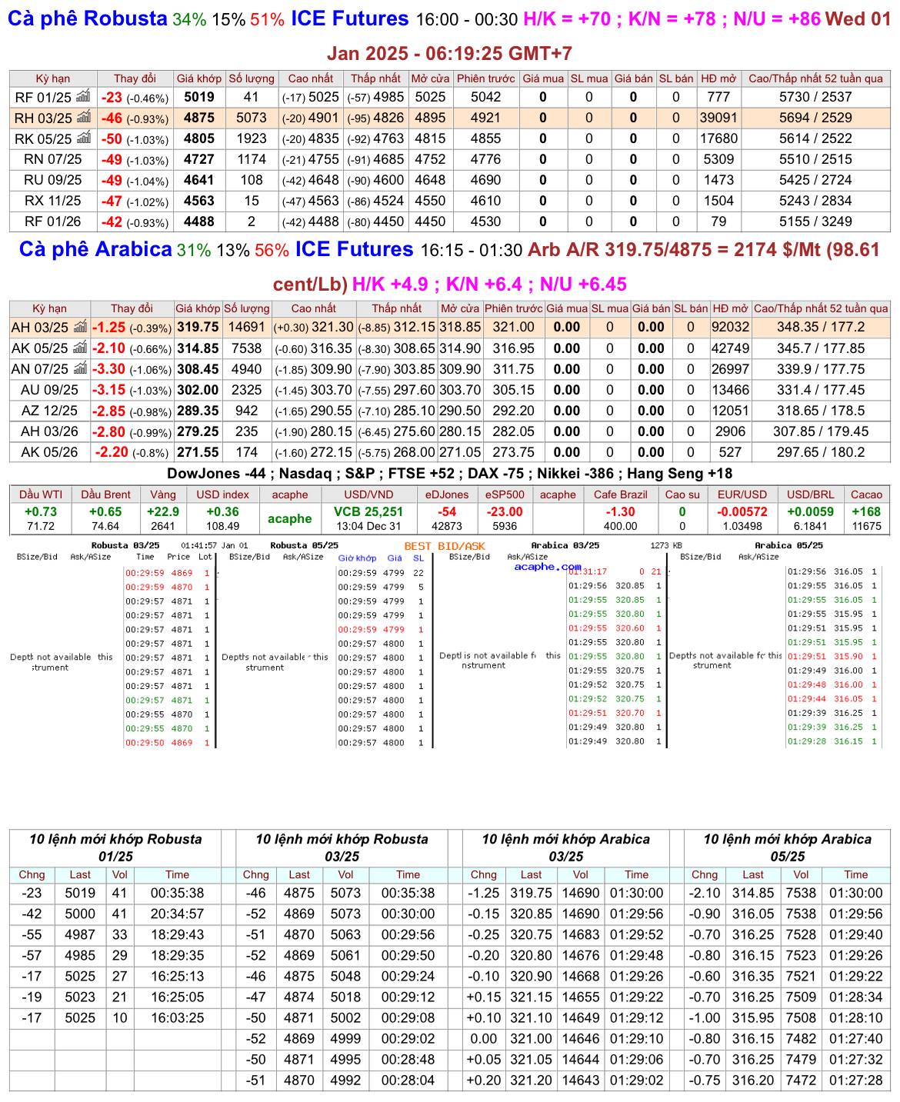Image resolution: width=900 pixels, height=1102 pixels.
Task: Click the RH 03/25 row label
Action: [43, 118]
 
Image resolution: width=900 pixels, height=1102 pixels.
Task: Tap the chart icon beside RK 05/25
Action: [84, 138]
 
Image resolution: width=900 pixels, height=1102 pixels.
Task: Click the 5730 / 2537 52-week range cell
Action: [815, 97]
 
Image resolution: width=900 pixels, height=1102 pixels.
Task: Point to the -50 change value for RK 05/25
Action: [112, 139]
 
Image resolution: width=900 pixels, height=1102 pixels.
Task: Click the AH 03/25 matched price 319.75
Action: [198, 327]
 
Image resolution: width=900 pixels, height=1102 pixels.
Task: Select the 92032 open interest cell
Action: [730, 327]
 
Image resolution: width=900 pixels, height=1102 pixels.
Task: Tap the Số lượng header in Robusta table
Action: [252, 78]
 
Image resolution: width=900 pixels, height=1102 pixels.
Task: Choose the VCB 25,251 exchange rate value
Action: [368, 512]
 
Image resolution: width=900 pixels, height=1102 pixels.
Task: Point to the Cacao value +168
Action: [866, 512]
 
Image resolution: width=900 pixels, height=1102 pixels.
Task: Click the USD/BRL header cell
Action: [810, 494]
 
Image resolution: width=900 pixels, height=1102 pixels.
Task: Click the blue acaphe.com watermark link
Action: [548, 567]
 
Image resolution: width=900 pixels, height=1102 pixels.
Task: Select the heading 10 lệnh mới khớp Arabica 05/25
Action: [787, 847]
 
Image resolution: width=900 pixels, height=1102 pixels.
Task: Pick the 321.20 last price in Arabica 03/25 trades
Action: [531, 1080]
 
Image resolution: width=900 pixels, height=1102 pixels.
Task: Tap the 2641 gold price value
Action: [163, 526]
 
